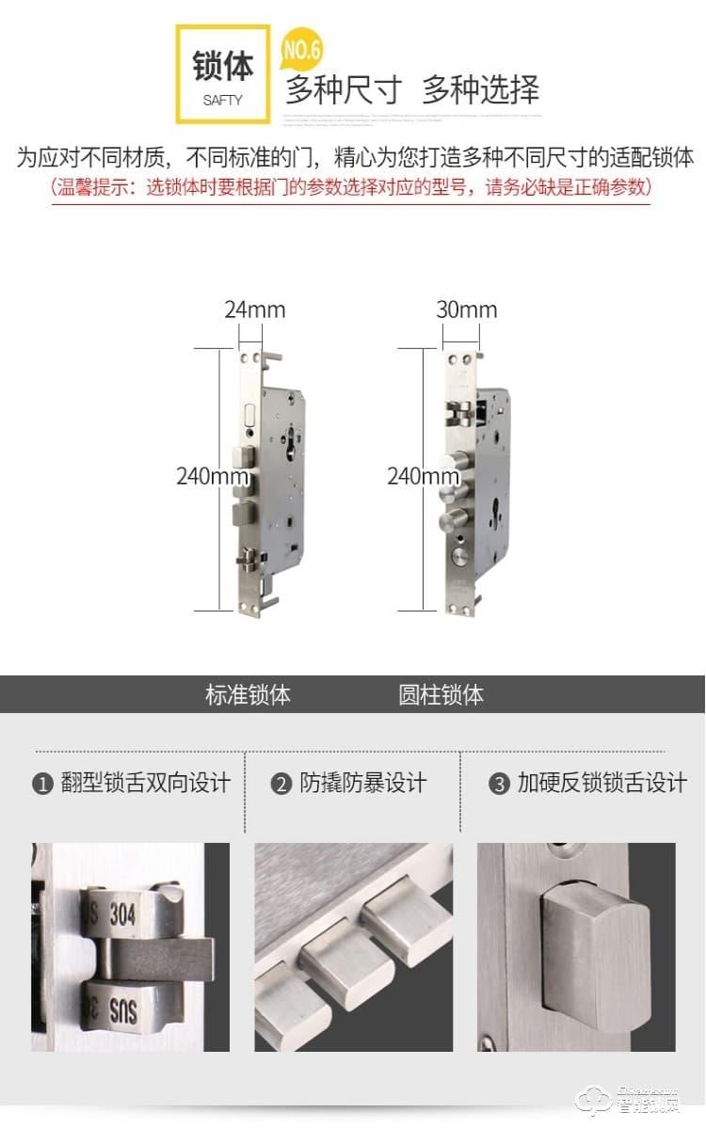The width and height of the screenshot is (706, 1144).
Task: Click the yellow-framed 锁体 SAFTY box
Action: tap(222, 74)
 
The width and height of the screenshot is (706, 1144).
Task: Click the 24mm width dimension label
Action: tap(254, 310)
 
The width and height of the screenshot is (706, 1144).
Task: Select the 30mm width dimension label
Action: tap(467, 310)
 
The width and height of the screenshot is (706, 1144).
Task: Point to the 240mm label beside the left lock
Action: tap(212, 476)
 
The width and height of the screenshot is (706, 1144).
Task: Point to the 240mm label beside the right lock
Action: tap(423, 476)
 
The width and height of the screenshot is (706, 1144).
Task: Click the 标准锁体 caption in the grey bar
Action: tap(248, 695)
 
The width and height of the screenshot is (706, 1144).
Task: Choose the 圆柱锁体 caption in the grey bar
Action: tap(441, 695)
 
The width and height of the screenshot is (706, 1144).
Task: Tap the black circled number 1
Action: tap(42, 784)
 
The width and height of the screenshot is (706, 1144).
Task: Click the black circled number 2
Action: tap(281, 784)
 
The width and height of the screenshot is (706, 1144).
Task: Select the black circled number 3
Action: tap(499, 784)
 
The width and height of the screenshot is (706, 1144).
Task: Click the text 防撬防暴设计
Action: tap(362, 783)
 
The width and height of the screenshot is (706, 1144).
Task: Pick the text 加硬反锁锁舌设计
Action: tap(602, 783)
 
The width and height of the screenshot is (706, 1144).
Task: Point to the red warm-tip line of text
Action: tap(351, 186)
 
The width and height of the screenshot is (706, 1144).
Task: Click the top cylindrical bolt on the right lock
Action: tap(457, 462)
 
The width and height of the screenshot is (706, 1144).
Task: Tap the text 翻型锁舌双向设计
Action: tap(145, 783)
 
